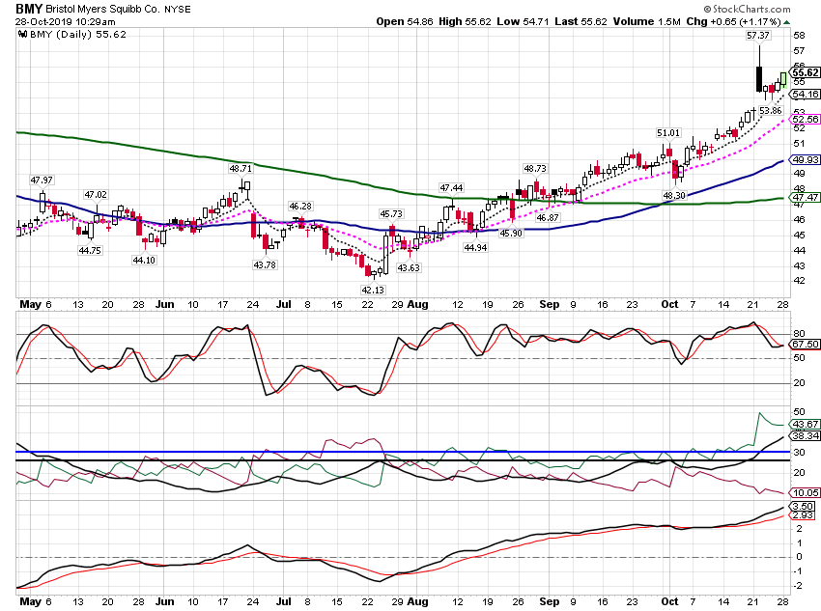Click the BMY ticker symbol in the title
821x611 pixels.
pyautogui.click(x=29, y=9)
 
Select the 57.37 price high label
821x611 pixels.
pyautogui.click(x=757, y=35)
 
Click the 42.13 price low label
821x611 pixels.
pyautogui.click(x=373, y=290)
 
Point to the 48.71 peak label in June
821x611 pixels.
pyautogui.click(x=241, y=169)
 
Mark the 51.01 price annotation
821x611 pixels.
pyautogui.click(x=668, y=133)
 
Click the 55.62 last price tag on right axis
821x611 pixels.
pyautogui.click(x=805, y=72)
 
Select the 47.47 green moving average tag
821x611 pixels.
pyautogui.click(x=806, y=197)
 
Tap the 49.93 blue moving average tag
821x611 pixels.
pyautogui.click(x=806, y=159)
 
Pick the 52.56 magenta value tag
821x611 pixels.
pyautogui.click(x=806, y=120)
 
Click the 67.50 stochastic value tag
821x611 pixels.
pyautogui.click(x=806, y=345)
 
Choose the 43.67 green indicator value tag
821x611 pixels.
pyautogui.click(x=806, y=425)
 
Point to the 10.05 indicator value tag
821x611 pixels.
pyautogui.click(x=806, y=493)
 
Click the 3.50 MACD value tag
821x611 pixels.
pyautogui.click(x=803, y=507)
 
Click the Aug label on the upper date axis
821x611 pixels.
pyautogui.click(x=418, y=304)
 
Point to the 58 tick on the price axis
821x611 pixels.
pyautogui.click(x=799, y=36)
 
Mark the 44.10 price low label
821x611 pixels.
pyautogui.click(x=144, y=260)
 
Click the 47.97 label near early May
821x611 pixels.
pyautogui.click(x=42, y=180)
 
